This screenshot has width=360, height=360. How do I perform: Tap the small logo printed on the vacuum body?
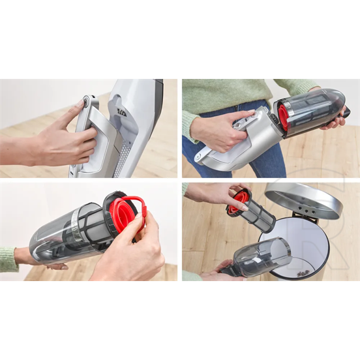[x=121, y=113]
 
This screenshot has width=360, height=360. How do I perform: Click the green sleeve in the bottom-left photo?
[x=8, y=260]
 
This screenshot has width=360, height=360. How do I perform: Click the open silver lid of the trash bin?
[x=303, y=199]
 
